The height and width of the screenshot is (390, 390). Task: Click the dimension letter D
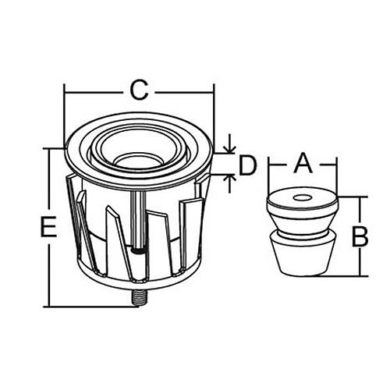click(248, 165)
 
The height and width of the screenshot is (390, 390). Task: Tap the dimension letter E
click(49, 227)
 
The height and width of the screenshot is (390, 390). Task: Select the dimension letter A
click(303, 163)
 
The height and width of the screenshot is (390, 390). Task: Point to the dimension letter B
click(360, 236)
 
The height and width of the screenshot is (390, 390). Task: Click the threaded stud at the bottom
click(140, 298)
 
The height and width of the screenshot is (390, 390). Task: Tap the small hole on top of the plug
click(303, 198)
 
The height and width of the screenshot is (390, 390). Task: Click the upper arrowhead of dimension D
click(229, 149)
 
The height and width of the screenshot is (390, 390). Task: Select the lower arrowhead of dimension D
click(229, 179)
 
